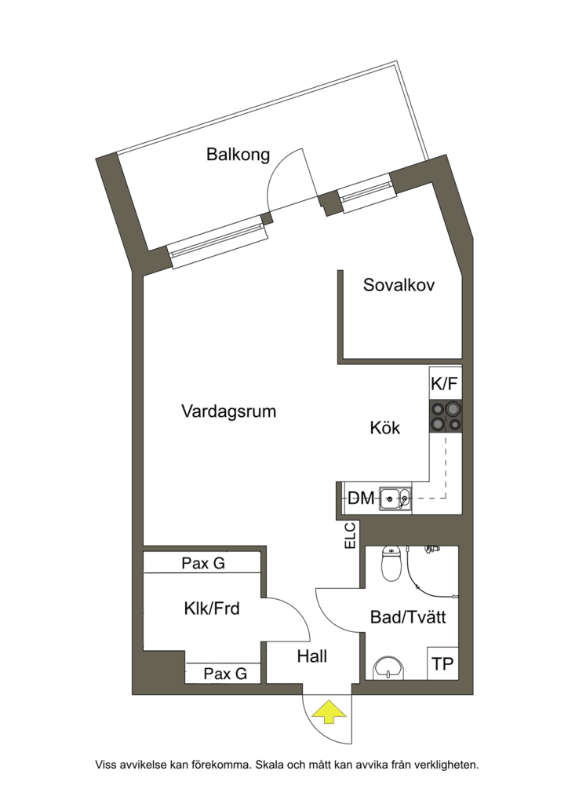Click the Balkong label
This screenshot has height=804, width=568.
click(238, 155)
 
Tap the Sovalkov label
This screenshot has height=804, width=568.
click(399, 284)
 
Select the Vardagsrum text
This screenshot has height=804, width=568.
click(229, 411)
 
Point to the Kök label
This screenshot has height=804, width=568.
click(385, 428)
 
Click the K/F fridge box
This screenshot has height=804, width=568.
click(445, 383)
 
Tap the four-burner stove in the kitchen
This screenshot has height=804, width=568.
click(446, 416)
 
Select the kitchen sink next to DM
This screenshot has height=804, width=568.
click(395, 498)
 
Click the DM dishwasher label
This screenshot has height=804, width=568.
click(361, 498)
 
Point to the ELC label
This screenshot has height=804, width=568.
click(351, 535)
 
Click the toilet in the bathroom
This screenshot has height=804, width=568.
click(391, 564)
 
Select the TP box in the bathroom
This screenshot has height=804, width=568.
click(443, 663)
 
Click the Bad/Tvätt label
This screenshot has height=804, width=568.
click(408, 617)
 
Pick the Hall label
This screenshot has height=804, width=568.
click(312, 656)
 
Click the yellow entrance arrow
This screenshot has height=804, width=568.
click(330, 711)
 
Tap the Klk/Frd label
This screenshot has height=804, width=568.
click(212, 608)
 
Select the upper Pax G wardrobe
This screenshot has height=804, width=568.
click(203, 563)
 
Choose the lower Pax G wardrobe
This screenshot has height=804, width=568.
click(224, 673)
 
